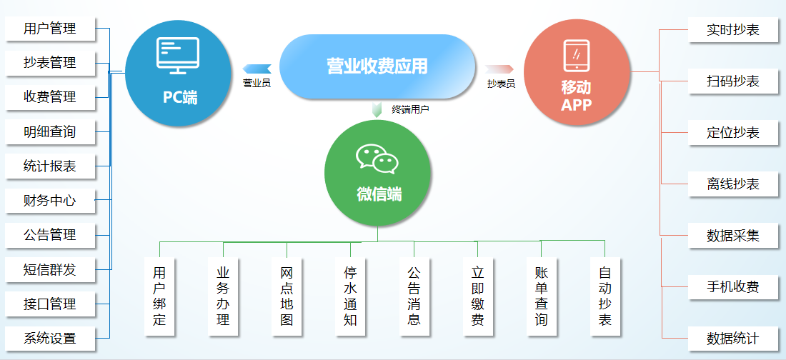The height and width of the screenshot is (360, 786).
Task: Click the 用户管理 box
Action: (49, 29)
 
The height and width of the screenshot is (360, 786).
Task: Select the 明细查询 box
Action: (49, 132)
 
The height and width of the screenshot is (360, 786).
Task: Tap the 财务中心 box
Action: (49, 201)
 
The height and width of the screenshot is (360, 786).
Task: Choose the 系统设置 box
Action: (49, 338)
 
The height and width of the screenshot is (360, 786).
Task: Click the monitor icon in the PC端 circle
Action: (178, 56)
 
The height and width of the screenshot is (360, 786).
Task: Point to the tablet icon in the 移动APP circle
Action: (577, 56)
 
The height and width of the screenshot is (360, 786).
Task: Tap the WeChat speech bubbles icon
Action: (377, 159)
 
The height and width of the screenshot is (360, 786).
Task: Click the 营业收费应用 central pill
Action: (377, 66)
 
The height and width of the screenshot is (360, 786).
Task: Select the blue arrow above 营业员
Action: (257, 69)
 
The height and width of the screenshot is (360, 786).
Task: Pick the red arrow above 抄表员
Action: (499, 69)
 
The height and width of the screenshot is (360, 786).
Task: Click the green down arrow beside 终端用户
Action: (377, 110)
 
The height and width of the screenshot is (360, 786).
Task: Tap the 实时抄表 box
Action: (733, 29)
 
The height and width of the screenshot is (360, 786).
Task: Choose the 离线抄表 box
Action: (733, 184)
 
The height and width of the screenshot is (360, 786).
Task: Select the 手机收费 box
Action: (733, 287)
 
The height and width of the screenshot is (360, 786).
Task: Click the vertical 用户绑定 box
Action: (159, 296)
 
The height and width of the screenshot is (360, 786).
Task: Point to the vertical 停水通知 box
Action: (350, 296)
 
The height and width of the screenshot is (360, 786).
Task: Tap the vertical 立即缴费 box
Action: (478, 296)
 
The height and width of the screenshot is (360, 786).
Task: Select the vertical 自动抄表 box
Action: (605, 296)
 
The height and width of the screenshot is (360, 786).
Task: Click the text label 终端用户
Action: (410, 109)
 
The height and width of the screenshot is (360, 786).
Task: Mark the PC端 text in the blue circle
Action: (180, 97)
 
